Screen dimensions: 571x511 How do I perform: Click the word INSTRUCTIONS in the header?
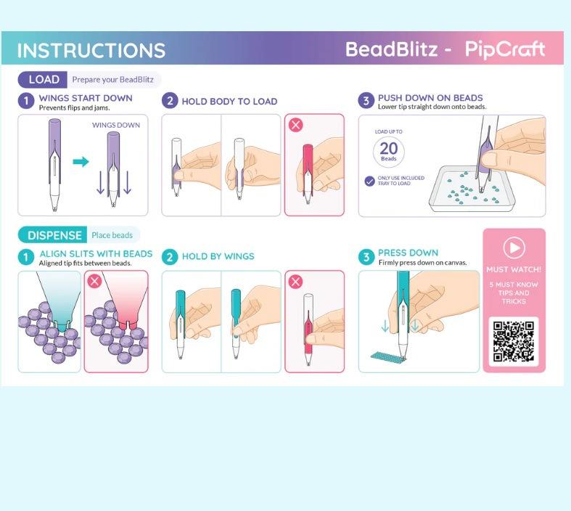click(x=91, y=50)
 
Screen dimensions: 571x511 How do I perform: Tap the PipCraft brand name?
click(x=505, y=50)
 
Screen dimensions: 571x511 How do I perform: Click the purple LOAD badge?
click(x=43, y=80)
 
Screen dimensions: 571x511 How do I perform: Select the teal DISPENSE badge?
click(x=52, y=235)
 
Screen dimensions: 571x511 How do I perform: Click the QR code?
click(x=514, y=341)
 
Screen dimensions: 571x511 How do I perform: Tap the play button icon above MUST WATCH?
click(x=514, y=248)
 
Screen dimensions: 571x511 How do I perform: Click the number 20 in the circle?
click(x=389, y=148)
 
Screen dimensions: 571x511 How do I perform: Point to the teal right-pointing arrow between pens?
click(x=81, y=161)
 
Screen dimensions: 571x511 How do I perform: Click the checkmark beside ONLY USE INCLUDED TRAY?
click(x=369, y=181)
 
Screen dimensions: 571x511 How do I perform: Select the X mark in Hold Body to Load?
click(x=295, y=125)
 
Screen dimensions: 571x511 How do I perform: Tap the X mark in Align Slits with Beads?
click(x=94, y=281)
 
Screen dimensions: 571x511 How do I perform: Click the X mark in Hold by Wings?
click(x=295, y=282)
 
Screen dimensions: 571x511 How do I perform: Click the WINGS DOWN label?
click(x=116, y=125)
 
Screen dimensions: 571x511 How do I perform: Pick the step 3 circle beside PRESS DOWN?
click(x=366, y=257)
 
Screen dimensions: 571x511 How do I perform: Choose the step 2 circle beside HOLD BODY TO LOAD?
click(x=170, y=101)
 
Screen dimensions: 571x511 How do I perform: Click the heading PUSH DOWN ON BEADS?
click(x=430, y=97)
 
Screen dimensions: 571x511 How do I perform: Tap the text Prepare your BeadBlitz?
click(x=112, y=80)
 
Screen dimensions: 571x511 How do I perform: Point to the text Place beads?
click(x=112, y=235)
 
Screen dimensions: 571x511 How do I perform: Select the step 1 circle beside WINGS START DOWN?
click(x=26, y=101)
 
